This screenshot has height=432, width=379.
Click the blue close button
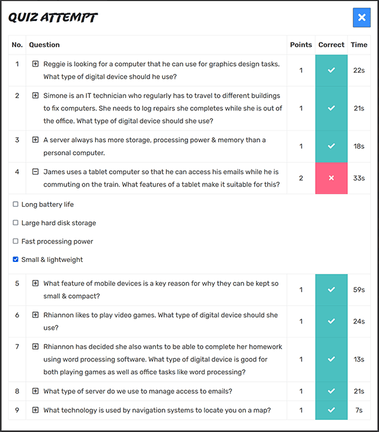(x=362, y=17)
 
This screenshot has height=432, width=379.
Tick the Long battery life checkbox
(x=16, y=204)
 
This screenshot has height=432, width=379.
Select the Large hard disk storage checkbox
(x=16, y=223)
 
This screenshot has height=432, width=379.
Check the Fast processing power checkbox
(x=16, y=241)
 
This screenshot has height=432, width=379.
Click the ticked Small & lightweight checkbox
(x=16, y=259)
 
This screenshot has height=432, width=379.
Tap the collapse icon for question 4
(x=35, y=172)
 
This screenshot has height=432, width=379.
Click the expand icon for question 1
(x=35, y=64)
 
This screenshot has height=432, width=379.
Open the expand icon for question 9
(x=35, y=410)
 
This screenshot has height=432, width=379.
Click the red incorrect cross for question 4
(x=331, y=178)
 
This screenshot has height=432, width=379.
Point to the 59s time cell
(x=359, y=289)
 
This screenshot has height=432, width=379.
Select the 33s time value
(x=359, y=178)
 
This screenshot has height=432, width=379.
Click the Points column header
(x=301, y=44)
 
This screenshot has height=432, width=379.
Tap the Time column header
(x=359, y=44)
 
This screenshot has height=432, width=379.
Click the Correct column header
(x=331, y=44)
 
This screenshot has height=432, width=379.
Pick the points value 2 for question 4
(x=301, y=178)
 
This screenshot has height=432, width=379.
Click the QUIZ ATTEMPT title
(x=53, y=17)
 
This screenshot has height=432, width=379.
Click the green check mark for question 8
(x=331, y=391)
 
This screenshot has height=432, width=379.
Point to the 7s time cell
(x=359, y=410)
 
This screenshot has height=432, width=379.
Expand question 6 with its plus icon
(x=35, y=315)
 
